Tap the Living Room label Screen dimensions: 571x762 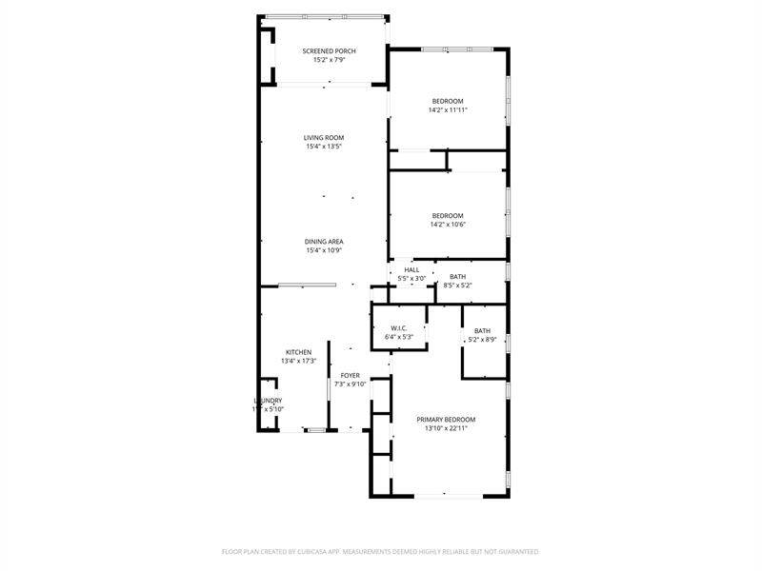(x=324, y=138)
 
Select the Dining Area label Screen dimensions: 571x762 (x=324, y=242)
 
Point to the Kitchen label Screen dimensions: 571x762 (x=298, y=352)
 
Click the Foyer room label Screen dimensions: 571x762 (x=351, y=376)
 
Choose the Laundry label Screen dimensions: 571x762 (x=268, y=401)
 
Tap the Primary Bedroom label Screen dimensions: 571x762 (x=446, y=419)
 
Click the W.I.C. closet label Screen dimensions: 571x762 (x=399, y=328)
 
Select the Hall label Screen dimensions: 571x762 (x=411, y=269)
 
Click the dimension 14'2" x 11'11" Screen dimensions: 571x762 (x=448, y=110)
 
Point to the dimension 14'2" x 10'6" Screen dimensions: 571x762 (x=448, y=225)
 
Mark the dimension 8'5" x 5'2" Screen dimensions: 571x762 (x=458, y=285)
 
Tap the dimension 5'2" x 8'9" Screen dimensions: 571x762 (x=483, y=340)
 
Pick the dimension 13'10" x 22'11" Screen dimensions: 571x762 (x=446, y=428)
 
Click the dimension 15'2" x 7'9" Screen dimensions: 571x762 (x=329, y=60)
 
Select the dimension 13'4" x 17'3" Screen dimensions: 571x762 (x=298, y=362)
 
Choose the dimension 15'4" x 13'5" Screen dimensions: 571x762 (x=324, y=147)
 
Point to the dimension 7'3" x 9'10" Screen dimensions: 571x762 (x=351, y=384)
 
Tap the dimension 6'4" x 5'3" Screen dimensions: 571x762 (x=399, y=337)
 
